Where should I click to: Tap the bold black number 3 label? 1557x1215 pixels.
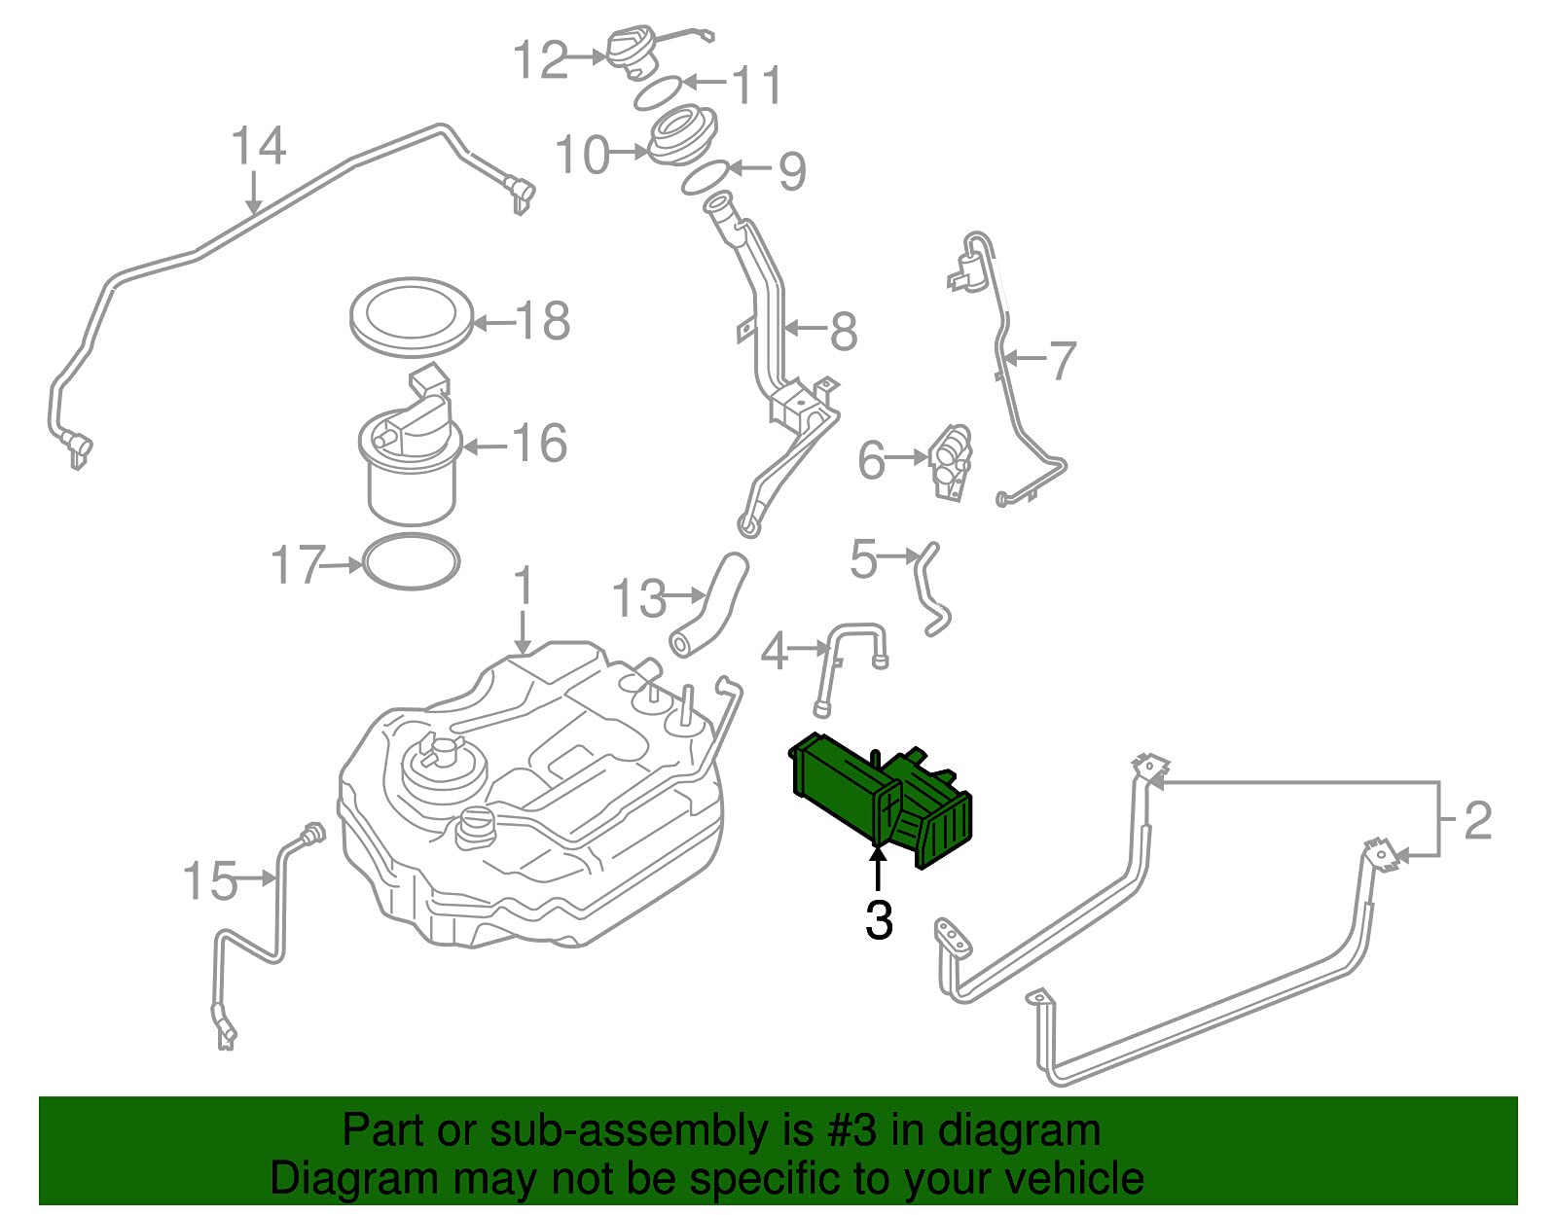point(879,920)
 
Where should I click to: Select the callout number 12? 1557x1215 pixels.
point(541,59)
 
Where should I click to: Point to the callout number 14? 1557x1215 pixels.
point(259,145)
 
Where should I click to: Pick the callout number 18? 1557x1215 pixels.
point(543,320)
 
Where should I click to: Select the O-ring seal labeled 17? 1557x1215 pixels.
point(412,562)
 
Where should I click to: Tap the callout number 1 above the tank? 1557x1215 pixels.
point(525,585)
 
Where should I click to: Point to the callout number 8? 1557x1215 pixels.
point(844,332)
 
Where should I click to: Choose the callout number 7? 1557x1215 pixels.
point(1062,360)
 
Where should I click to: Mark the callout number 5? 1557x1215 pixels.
point(863,559)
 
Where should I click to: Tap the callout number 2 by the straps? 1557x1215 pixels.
point(1477,820)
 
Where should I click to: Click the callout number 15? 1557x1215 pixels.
point(210,880)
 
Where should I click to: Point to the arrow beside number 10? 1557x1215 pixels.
point(630,152)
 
